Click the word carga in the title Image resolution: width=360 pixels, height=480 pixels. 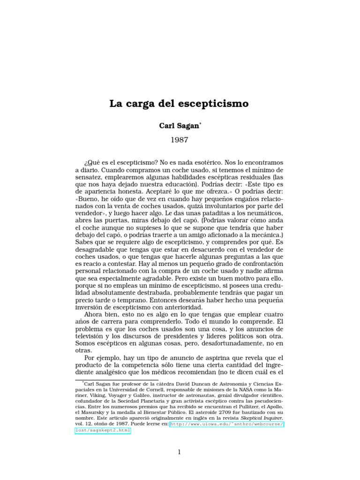point(140,104)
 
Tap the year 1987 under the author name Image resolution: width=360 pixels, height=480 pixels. point(180,140)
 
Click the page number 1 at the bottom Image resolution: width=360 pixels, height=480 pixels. point(179,452)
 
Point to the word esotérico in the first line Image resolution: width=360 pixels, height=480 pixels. point(211,162)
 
